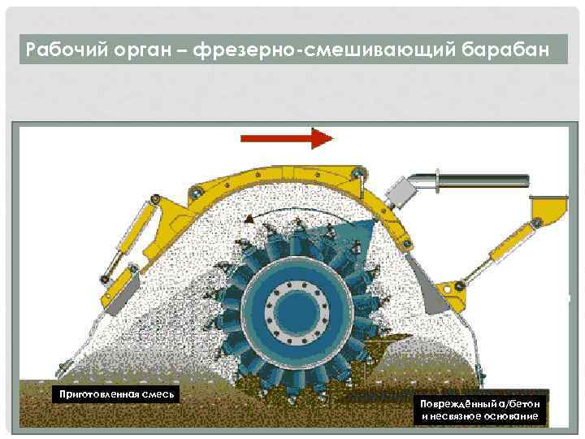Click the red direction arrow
(288, 139)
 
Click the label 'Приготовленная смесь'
(113, 395)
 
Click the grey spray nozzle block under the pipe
(401, 193)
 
